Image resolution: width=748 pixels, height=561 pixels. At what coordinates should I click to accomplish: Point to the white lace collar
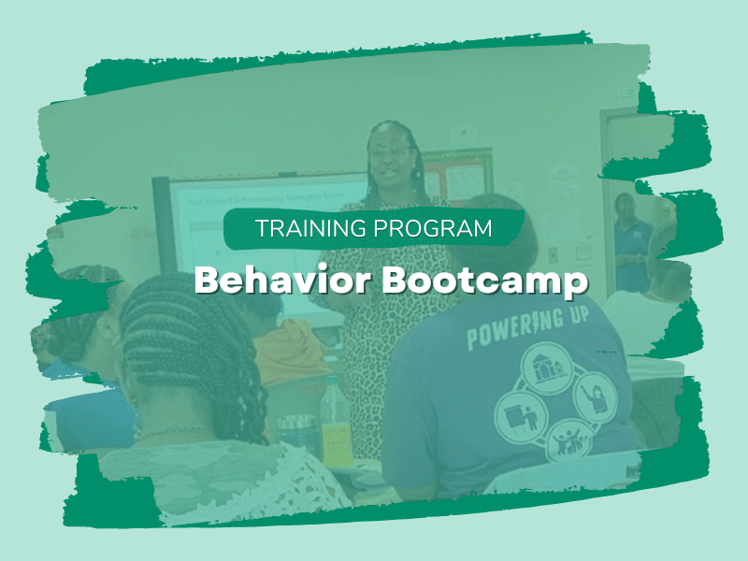215,477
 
